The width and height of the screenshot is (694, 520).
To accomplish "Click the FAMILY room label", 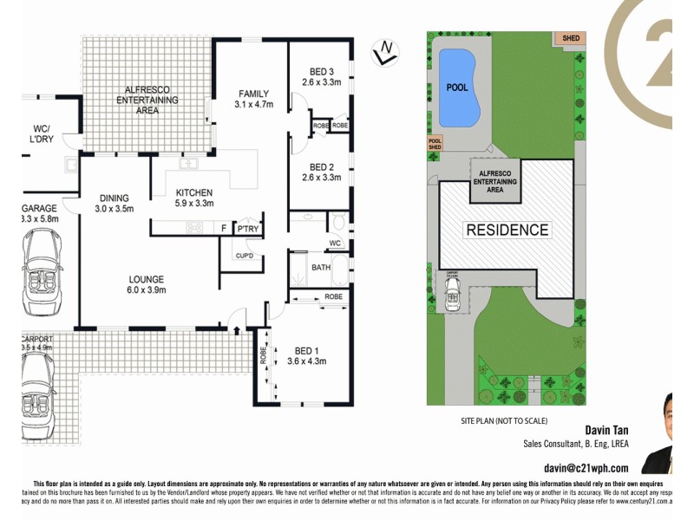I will [253, 94].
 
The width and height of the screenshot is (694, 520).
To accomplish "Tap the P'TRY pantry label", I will [248, 229].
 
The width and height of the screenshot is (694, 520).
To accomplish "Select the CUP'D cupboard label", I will [244, 256].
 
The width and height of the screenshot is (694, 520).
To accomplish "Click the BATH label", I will [320, 268].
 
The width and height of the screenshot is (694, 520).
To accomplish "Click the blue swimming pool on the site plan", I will [460, 87].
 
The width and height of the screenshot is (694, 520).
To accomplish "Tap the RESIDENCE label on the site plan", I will [507, 230].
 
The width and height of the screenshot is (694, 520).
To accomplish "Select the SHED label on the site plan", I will [570, 38].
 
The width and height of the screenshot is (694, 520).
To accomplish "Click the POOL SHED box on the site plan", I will [435, 144].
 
